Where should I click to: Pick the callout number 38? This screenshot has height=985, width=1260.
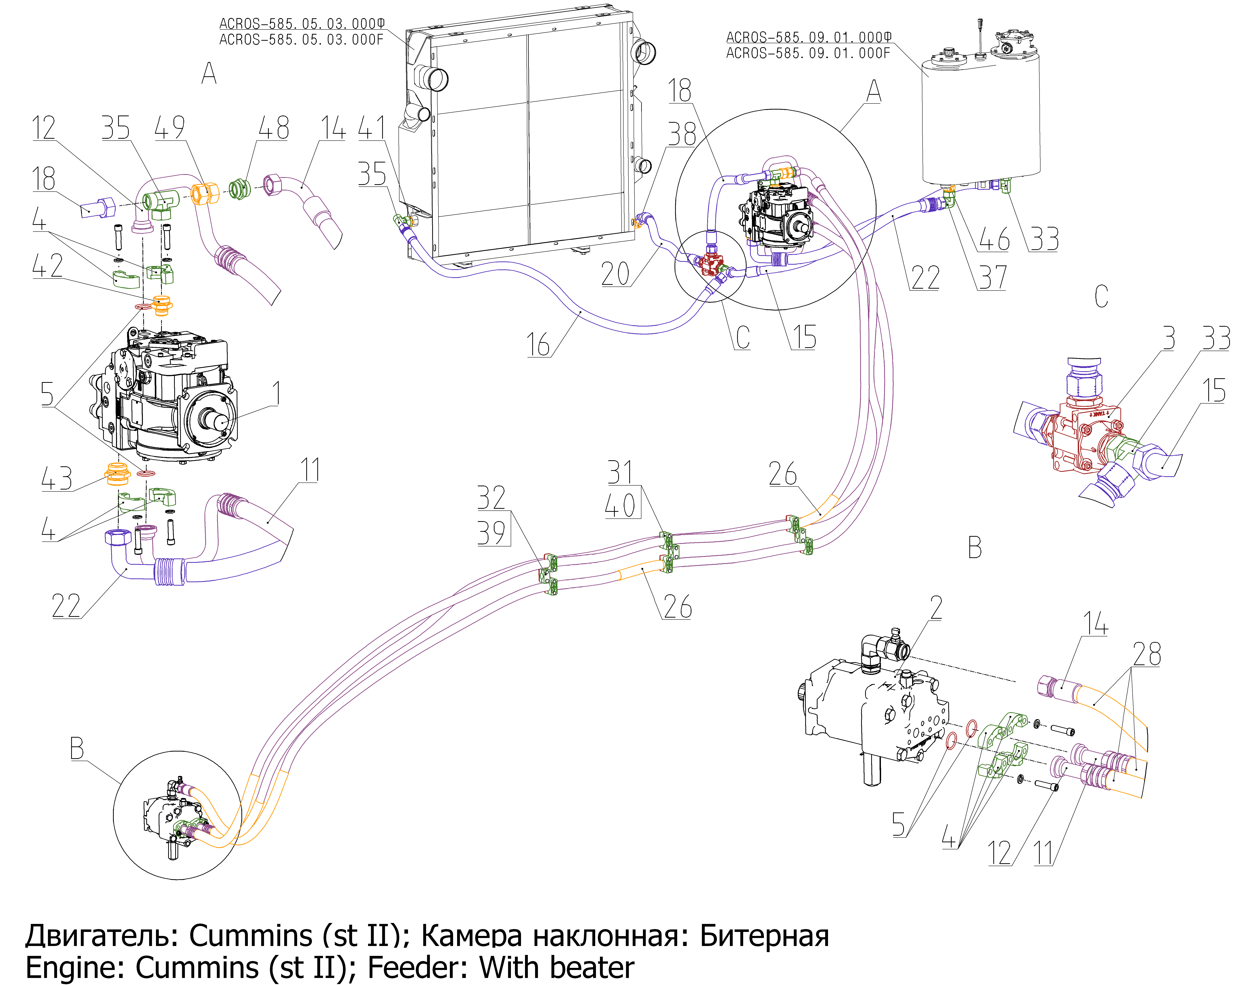(682, 135)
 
